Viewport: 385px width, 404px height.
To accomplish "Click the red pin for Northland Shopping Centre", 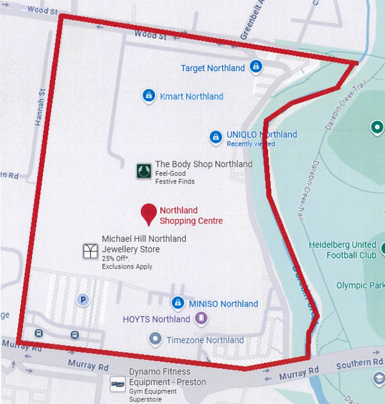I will pos(149,214).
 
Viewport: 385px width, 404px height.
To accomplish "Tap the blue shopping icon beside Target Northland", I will pos(256,67).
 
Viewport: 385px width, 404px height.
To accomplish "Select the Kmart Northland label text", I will pos(192,97).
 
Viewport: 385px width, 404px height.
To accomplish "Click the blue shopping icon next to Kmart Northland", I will pos(149,96).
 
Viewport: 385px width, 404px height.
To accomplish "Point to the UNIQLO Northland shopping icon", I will pos(216,136).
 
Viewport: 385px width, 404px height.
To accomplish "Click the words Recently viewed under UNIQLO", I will pos(250,144).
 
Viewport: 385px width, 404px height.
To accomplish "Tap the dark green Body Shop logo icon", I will pos(143,170).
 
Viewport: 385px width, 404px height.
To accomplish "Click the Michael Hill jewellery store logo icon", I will pos(90,250).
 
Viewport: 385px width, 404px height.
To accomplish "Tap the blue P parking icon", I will pos(82,299).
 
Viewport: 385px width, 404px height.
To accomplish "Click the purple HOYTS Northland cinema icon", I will pos(201,318).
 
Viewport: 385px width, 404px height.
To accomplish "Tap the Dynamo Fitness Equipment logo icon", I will pos(117,384).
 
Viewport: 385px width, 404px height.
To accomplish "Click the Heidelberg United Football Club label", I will pos(342,250).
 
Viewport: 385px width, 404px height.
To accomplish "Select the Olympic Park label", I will pos(360,286).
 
